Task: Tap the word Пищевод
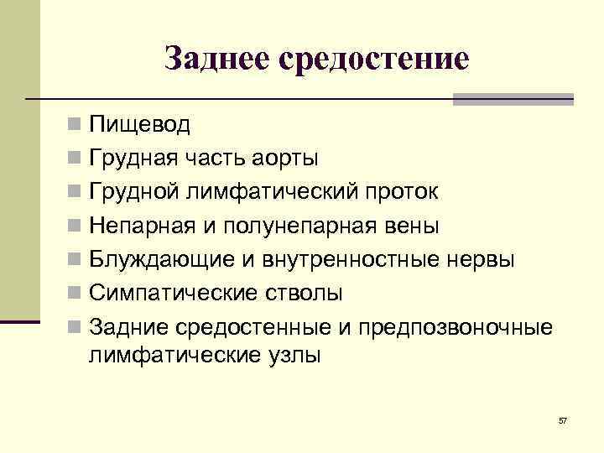[140, 126]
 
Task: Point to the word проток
[398, 192]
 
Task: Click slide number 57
[562, 419]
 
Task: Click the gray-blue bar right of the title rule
[513, 99]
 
